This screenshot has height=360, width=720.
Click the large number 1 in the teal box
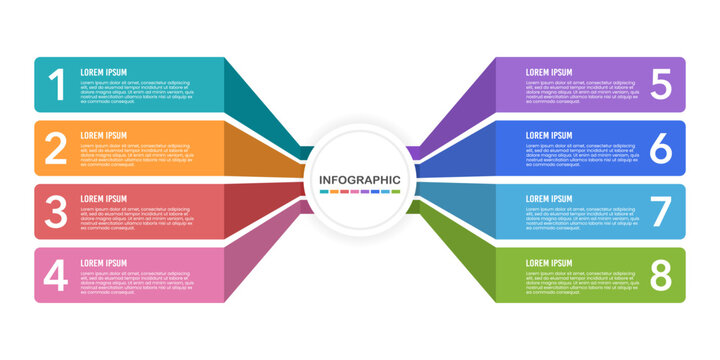point(57,85)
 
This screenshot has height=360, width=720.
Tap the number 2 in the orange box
point(57,148)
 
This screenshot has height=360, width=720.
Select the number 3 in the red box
point(57,211)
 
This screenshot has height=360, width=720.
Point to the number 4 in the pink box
point(57,275)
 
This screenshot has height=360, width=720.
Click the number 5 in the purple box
point(661,85)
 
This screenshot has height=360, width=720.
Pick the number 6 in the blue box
point(661,148)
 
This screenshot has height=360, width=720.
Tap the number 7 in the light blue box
point(661,211)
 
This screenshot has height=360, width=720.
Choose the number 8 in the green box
point(661,275)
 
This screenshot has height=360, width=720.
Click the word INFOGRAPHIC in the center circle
point(360,180)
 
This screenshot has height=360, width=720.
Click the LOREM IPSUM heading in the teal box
point(104,72)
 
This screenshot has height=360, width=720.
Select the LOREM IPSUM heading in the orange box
point(104,135)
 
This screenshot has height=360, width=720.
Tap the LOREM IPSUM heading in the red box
point(104,199)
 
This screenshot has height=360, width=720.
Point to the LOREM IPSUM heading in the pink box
point(104,263)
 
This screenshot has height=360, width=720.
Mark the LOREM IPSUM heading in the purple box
point(549,72)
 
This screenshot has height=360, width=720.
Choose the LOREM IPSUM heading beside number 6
point(549,135)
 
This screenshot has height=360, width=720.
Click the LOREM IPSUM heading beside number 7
point(549,199)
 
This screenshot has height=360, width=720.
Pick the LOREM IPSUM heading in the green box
point(549,263)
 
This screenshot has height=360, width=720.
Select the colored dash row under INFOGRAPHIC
point(360,191)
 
